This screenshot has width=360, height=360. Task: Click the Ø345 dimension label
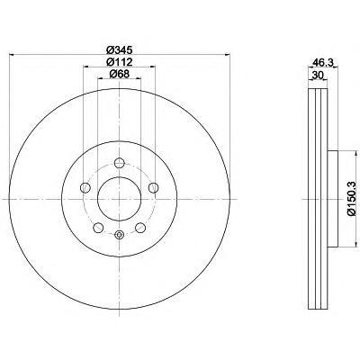pyautogui.click(x=120, y=49)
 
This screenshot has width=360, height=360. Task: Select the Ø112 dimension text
pyautogui.click(x=120, y=61)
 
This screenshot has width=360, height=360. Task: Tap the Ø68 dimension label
pyautogui.click(x=120, y=74)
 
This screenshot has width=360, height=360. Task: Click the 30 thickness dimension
pyautogui.click(x=317, y=76)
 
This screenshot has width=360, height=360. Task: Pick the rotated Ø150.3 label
pyautogui.click(x=352, y=199)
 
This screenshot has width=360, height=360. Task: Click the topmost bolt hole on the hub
pyautogui.click(x=120, y=163)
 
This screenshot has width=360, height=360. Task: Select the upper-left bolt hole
pyautogui.click(x=85, y=188)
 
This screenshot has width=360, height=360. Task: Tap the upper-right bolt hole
pyautogui.click(x=154, y=188)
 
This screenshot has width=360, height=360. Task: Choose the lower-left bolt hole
pyautogui.click(x=98, y=228)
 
